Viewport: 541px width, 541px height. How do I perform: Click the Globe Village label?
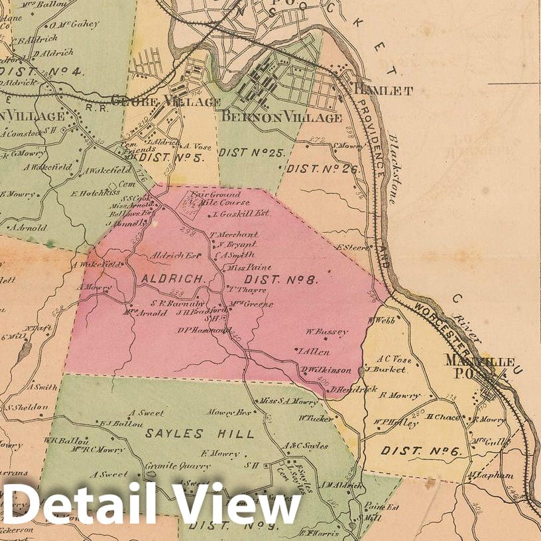(x=166, y=102)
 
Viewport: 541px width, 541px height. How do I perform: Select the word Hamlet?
(x=384, y=90)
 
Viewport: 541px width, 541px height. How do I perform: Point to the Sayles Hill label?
(x=200, y=434)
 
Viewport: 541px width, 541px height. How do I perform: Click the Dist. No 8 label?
(x=281, y=280)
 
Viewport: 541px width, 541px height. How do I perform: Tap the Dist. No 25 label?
(x=251, y=152)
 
